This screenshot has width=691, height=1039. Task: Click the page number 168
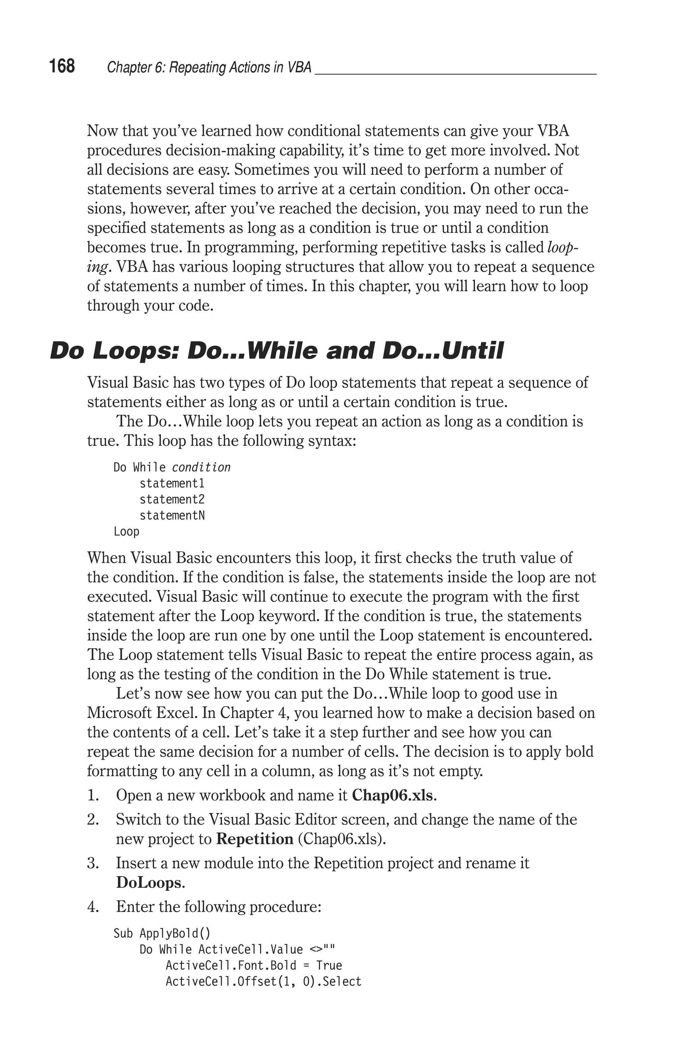[62, 66]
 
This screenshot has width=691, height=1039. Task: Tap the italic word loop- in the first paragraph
[562, 248]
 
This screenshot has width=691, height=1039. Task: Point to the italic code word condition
[201, 467]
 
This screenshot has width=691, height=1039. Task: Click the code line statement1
[172, 483]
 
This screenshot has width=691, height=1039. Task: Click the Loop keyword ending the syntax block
[127, 531]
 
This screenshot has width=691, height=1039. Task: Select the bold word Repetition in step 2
[255, 839]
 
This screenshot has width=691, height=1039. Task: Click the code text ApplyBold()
[175, 933]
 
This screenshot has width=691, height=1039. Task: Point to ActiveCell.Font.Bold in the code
[230, 965]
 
